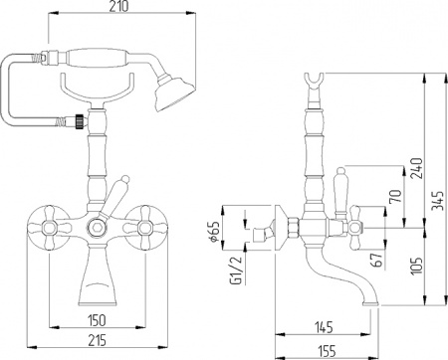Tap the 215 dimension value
tap(96, 341)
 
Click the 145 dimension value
tap(323, 325)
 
